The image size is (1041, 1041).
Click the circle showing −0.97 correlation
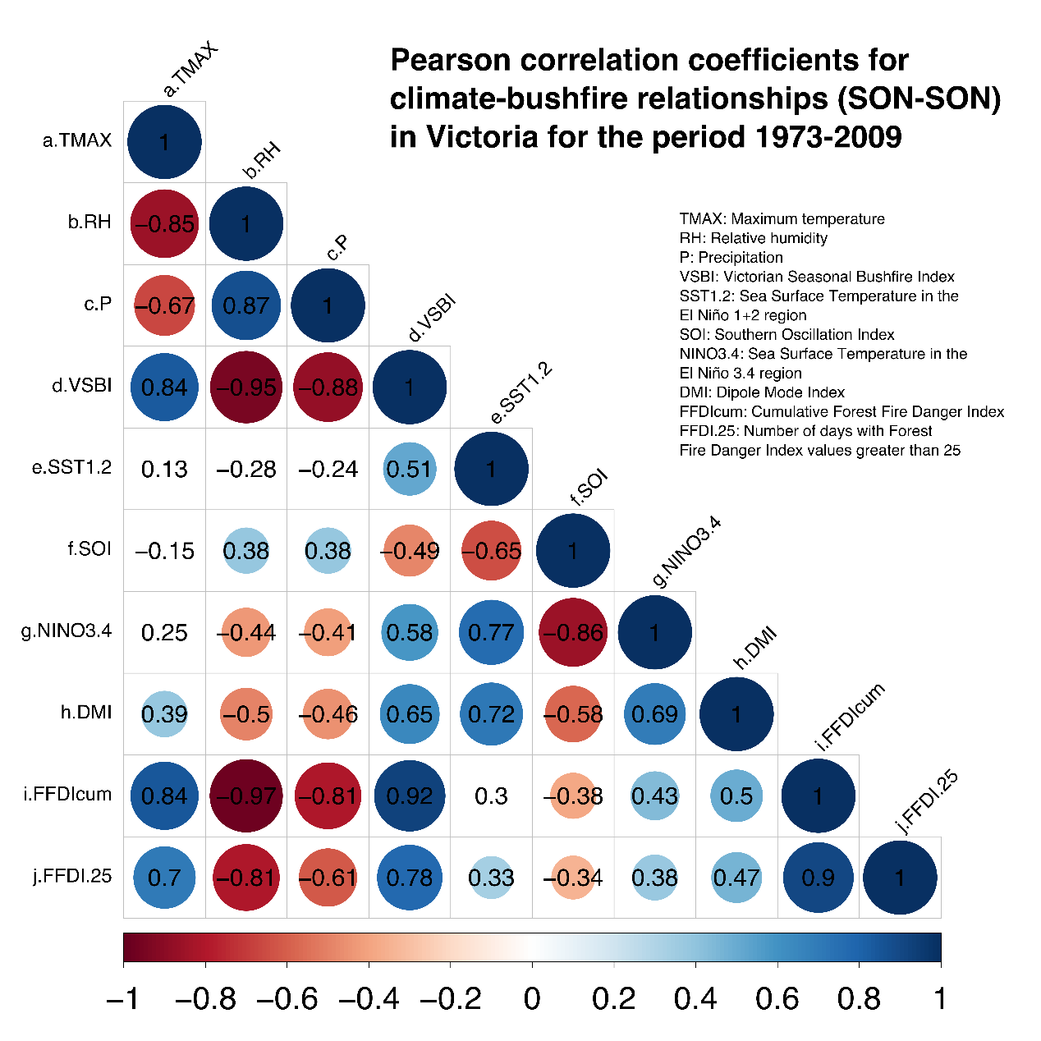click(x=246, y=796)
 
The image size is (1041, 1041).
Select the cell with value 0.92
click(x=410, y=796)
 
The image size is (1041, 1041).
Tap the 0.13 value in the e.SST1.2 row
click(x=164, y=469)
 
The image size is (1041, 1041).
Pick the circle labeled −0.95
click(x=246, y=387)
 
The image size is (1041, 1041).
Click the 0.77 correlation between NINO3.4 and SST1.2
click(x=491, y=632)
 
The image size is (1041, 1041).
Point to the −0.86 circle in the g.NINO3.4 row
click(x=573, y=632)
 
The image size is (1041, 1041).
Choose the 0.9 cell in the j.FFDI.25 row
click(x=819, y=878)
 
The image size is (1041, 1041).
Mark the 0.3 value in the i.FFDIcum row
click(x=491, y=796)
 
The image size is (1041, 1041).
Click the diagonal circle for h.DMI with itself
click(x=736, y=714)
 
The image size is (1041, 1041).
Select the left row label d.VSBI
click(x=81, y=385)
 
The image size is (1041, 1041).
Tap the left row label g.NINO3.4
click(x=66, y=631)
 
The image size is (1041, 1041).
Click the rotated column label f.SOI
click(x=589, y=487)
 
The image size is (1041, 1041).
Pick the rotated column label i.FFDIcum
click(x=850, y=717)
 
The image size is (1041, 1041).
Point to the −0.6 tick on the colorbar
click(x=287, y=999)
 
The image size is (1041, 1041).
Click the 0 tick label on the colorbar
click(x=532, y=999)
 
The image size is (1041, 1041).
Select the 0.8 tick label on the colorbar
click(x=859, y=999)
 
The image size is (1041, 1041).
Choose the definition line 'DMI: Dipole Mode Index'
click(x=762, y=392)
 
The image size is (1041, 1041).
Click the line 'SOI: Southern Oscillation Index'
click(x=786, y=334)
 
